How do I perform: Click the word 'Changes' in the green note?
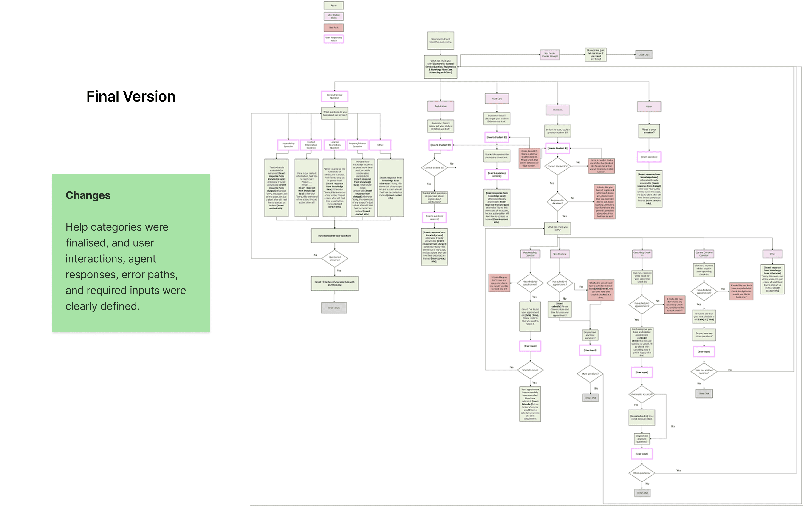pyautogui.click(x=88, y=195)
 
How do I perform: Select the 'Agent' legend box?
pyautogui.click(x=334, y=5)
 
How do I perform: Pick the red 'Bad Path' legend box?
pyautogui.click(x=334, y=28)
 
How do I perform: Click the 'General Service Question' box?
pyautogui.click(x=334, y=96)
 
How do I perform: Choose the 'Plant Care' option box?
pyautogui.click(x=497, y=99)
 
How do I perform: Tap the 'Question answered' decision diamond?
pyautogui.click(x=334, y=258)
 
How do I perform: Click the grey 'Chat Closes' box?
pyautogui.click(x=334, y=308)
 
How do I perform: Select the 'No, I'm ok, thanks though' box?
pyautogui.click(x=550, y=55)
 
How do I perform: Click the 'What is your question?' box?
pyautogui.click(x=649, y=131)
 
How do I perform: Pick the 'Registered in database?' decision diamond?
pyautogui.click(x=557, y=201)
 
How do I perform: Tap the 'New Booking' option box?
pyautogui.click(x=560, y=254)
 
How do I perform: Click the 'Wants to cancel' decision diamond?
pyautogui.click(x=530, y=370)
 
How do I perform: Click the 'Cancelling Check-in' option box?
pyautogui.click(x=642, y=254)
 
